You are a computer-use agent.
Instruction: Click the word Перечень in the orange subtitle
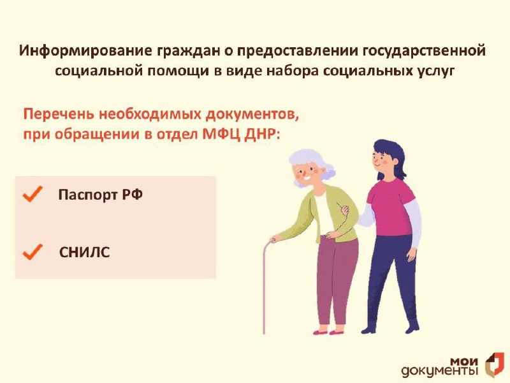[x=59, y=114]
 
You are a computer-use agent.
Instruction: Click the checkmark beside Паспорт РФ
[x=33, y=194]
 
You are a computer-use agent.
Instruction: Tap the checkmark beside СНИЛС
[x=33, y=252]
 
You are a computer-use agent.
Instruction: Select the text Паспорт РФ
[x=101, y=195]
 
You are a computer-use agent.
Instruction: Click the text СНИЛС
[x=85, y=252]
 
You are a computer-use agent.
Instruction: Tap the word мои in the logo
[x=464, y=361]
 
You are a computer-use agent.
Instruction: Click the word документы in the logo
[x=440, y=372]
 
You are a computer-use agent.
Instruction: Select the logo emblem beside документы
[x=495, y=364]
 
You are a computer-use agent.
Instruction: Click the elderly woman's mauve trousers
[x=331, y=280]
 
